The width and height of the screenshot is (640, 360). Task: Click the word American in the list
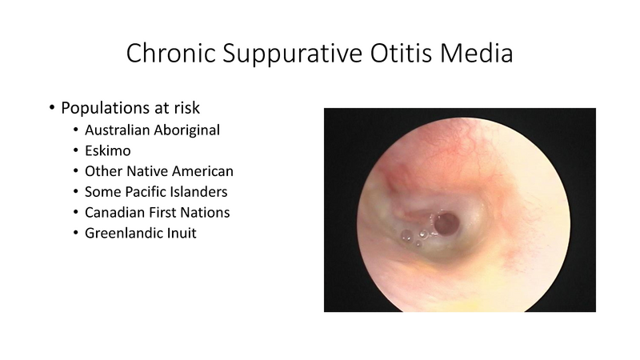(200, 171)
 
